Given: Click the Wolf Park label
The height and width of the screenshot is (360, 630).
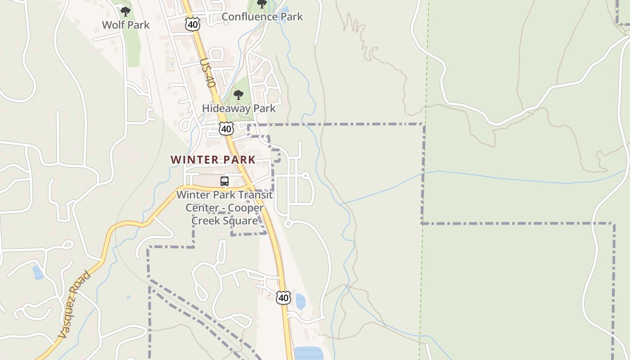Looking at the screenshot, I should pyautogui.click(x=126, y=25).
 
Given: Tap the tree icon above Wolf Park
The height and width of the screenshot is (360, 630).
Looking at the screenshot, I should pyautogui.click(x=126, y=12).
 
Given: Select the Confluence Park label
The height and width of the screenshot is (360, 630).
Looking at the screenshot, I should pyautogui.click(x=262, y=17).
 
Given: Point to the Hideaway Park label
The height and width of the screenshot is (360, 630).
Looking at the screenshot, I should pyautogui.click(x=238, y=108).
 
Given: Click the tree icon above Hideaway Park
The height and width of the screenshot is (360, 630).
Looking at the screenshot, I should pyautogui.click(x=238, y=95).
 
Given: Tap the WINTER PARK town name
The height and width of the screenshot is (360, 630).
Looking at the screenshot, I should pyautogui.click(x=213, y=160).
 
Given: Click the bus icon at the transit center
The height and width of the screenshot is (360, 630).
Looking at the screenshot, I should pyautogui.click(x=225, y=181).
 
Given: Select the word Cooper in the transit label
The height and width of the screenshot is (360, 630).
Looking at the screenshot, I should pyautogui.click(x=245, y=208).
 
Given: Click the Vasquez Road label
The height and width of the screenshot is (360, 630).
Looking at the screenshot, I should pyautogui.click(x=74, y=305).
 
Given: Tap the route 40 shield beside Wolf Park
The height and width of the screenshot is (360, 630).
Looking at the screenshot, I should pyautogui.click(x=193, y=24).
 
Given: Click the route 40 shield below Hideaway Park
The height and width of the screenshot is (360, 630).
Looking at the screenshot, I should pyautogui.click(x=226, y=129).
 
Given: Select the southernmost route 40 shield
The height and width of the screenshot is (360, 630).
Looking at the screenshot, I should pyautogui.click(x=283, y=297).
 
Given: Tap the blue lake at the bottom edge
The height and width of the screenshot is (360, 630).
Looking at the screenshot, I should pyautogui.click(x=308, y=353).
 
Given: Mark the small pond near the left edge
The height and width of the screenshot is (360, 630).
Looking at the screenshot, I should pyautogui.click(x=38, y=272).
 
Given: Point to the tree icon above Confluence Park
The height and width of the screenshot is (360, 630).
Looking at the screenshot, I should pyautogui.click(x=261, y=4).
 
